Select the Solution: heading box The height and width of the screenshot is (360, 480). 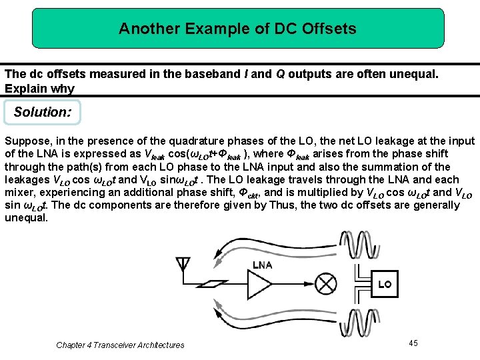[43, 112]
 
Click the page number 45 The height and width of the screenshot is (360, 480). [413, 343]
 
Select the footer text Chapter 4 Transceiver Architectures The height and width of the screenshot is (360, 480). [120, 345]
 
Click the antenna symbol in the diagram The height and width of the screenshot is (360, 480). [182, 265]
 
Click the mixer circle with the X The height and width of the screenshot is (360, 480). [325, 285]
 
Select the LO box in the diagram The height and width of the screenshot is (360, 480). [385, 285]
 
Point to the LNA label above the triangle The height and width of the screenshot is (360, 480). [262, 265]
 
